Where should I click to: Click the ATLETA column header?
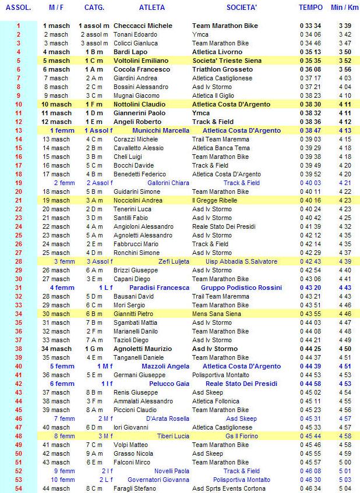click(x=152, y=8)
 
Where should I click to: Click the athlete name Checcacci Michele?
click(x=143, y=26)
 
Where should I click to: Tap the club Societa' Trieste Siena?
click(x=228, y=61)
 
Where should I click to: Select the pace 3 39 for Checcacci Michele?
click(x=344, y=26)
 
